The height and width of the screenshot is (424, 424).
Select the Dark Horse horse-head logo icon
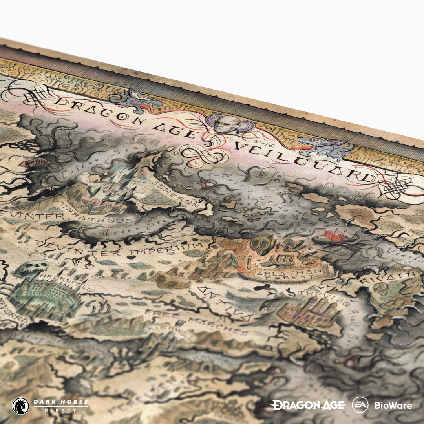[20, 406]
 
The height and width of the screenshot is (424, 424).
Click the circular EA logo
[360, 405]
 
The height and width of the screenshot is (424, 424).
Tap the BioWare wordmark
[393, 405]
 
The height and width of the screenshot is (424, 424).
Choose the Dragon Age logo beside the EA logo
[308, 405]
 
